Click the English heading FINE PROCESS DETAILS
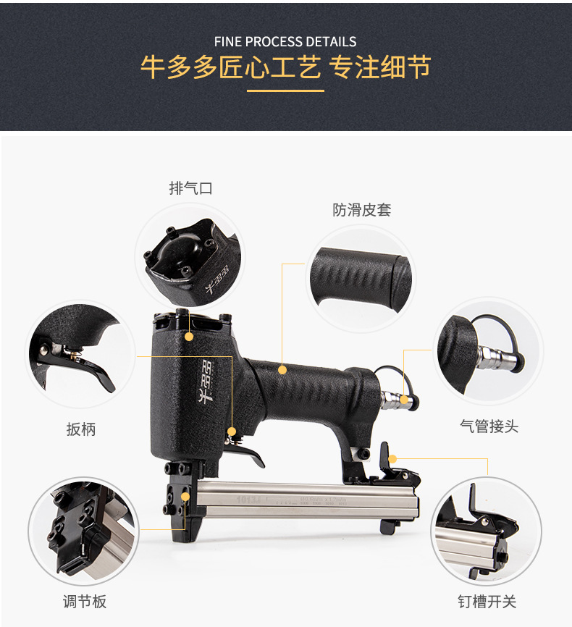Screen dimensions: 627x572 pyautogui.click(x=285, y=41)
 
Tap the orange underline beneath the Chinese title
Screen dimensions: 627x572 pyautogui.click(x=285, y=91)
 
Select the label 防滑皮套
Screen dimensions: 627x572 pyautogui.click(x=362, y=210)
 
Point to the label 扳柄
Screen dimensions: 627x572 pyautogui.click(x=81, y=429)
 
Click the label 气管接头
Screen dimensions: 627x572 pyautogui.click(x=489, y=426)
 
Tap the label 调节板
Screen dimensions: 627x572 pyautogui.click(x=84, y=601)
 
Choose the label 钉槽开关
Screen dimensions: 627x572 pyautogui.click(x=487, y=601)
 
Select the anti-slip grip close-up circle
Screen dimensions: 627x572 pyautogui.click(x=361, y=279)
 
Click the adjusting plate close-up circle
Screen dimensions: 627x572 pyautogui.click(x=83, y=531)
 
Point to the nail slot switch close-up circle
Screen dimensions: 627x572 pyautogui.click(x=486, y=531)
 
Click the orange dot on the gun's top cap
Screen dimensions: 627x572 pyautogui.click(x=190, y=337)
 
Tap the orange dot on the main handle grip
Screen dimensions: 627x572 pyautogui.click(x=283, y=370)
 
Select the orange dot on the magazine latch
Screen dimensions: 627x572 pyautogui.click(x=392, y=458)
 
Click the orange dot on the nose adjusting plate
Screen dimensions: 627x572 pyautogui.click(x=186, y=497)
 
